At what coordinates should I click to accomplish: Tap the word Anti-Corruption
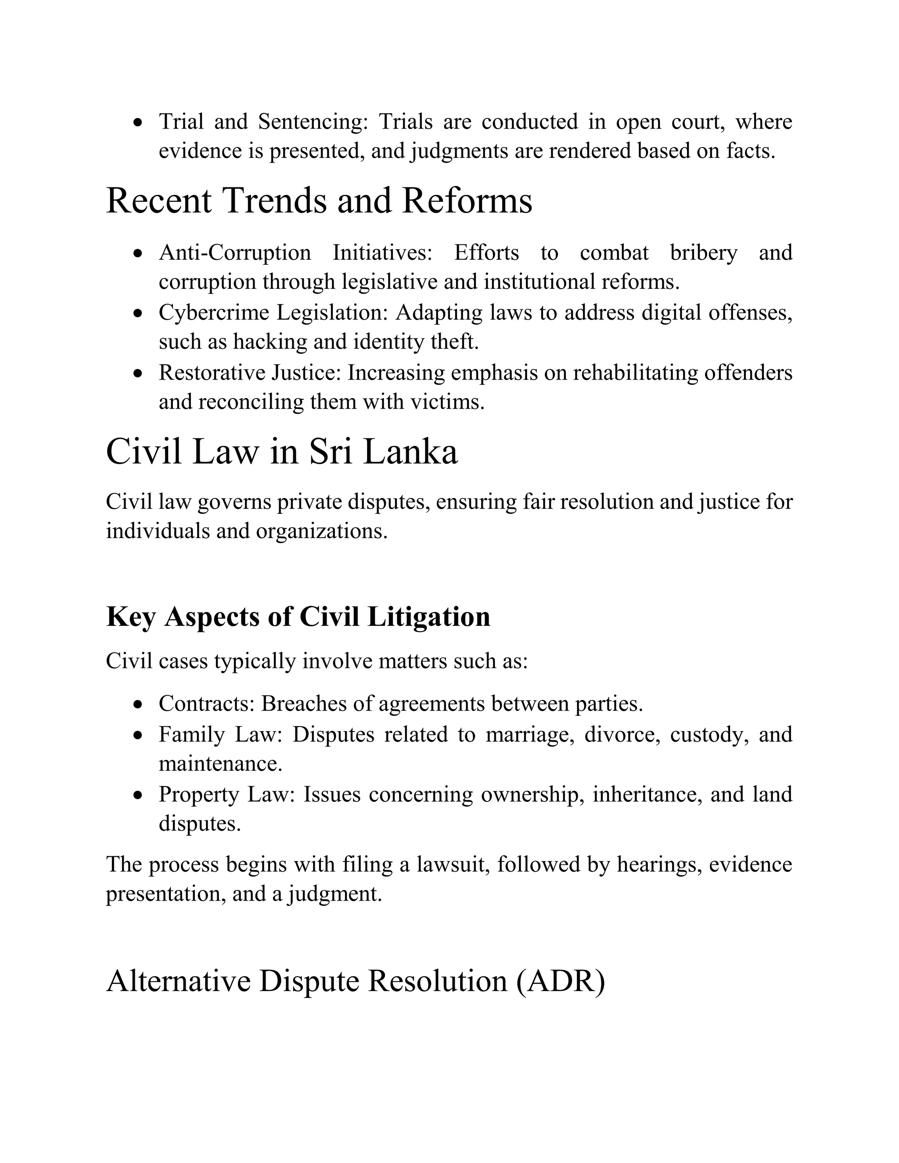pyautogui.click(x=234, y=252)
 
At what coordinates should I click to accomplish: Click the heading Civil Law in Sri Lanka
pyautogui.click(x=282, y=452)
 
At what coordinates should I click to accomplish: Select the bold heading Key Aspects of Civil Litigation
pyautogui.click(x=298, y=617)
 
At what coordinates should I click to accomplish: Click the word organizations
pyautogui.click(x=322, y=531)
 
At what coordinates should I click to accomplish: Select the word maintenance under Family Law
pyautogui.click(x=220, y=764)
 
